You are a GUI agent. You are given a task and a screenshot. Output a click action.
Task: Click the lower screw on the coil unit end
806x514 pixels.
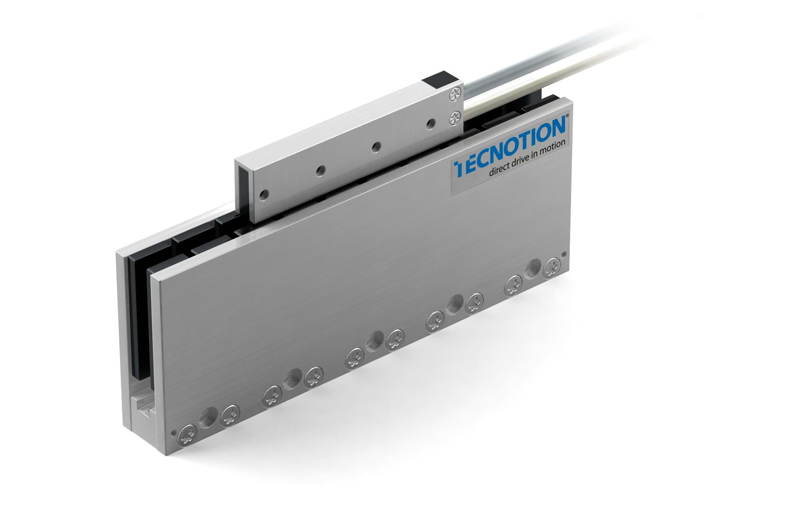point(455,118)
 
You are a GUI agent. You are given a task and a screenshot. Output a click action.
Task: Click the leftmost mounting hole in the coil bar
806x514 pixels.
point(264,195)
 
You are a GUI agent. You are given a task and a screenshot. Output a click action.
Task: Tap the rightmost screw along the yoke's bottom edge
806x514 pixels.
point(552,268)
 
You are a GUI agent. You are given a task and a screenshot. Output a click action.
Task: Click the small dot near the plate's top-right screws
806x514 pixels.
point(563,254)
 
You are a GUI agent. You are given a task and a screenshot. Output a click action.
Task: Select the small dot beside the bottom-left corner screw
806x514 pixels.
point(174,434)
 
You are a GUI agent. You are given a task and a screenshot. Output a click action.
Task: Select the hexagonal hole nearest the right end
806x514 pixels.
point(533,266)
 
